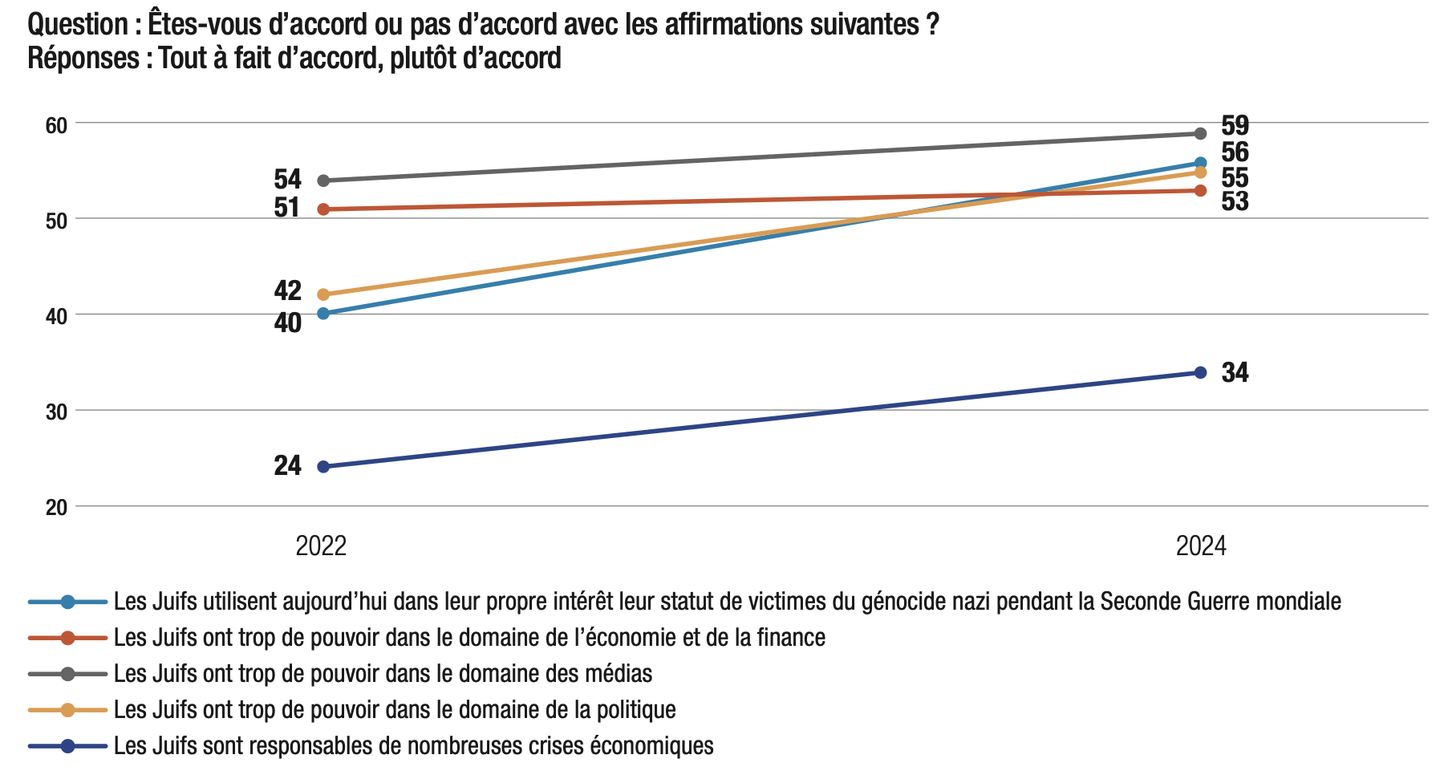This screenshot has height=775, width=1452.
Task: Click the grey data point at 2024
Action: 1200,133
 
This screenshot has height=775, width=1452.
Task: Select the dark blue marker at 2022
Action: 323,467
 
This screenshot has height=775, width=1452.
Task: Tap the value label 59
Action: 1235,125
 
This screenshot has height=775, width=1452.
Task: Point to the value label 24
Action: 287,465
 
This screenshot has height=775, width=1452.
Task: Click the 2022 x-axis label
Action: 321,546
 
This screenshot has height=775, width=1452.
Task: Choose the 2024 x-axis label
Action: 1201,546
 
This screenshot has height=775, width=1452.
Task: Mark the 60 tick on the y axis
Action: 56,125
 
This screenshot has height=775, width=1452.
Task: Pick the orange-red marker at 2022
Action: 323,209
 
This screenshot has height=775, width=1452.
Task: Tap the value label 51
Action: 287,208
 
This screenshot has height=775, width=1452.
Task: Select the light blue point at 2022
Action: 323,314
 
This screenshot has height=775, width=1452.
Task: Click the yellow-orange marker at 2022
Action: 323,294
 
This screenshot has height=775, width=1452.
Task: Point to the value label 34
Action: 1235,373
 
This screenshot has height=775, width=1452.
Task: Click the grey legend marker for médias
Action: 67,674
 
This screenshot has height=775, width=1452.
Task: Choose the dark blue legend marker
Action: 67,746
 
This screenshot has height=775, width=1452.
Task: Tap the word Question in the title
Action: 77,25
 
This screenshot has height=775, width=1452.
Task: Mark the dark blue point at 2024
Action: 1200,372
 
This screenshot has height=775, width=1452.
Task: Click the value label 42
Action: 287,290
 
